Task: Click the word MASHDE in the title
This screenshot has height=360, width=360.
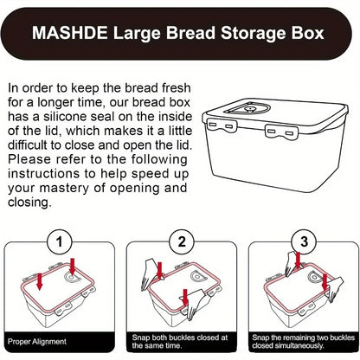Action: click(x=66, y=35)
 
